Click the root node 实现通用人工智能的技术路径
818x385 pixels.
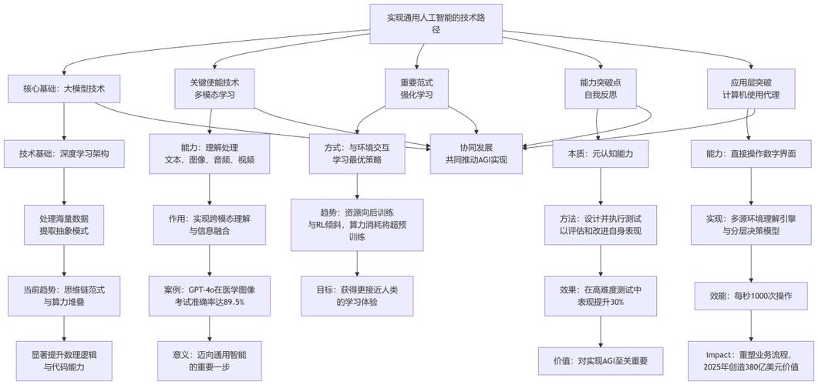pyautogui.click(x=436, y=23)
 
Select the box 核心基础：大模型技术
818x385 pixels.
pyautogui.click(x=64, y=89)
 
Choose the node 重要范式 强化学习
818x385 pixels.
pyautogui.click(x=416, y=89)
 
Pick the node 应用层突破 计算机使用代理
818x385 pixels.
pyautogui.click(x=751, y=89)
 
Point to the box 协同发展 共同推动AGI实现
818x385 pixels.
pyautogui.click(x=476, y=153)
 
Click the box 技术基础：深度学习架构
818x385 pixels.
pyautogui.click(x=64, y=154)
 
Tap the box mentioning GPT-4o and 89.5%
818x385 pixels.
pyautogui.click(x=210, y=296)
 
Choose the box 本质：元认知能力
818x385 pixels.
pyautogui.click(x=601, y=154)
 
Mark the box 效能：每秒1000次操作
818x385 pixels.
pyautogui.click(x=751, y=296)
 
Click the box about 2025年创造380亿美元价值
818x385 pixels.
pyautogui.click(x=751, y=360)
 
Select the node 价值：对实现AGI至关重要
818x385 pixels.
pyautogui.click(x=601, y=360)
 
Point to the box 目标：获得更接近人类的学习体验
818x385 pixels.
pyautogui.click(x=357, y=296)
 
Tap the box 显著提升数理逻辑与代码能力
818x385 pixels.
pyautogui.click(x=64, y=360)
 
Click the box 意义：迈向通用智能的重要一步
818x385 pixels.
pyautogui.click(x=210, y=360)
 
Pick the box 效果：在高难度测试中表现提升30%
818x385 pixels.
pyautogui.click(x=601, y=296)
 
